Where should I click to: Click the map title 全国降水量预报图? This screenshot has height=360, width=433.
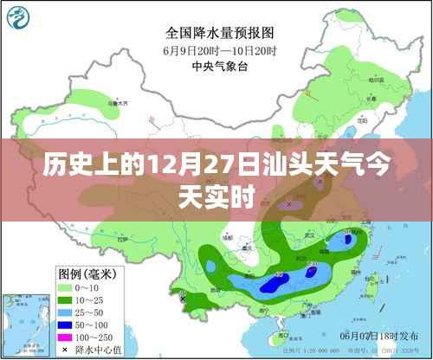216,33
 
